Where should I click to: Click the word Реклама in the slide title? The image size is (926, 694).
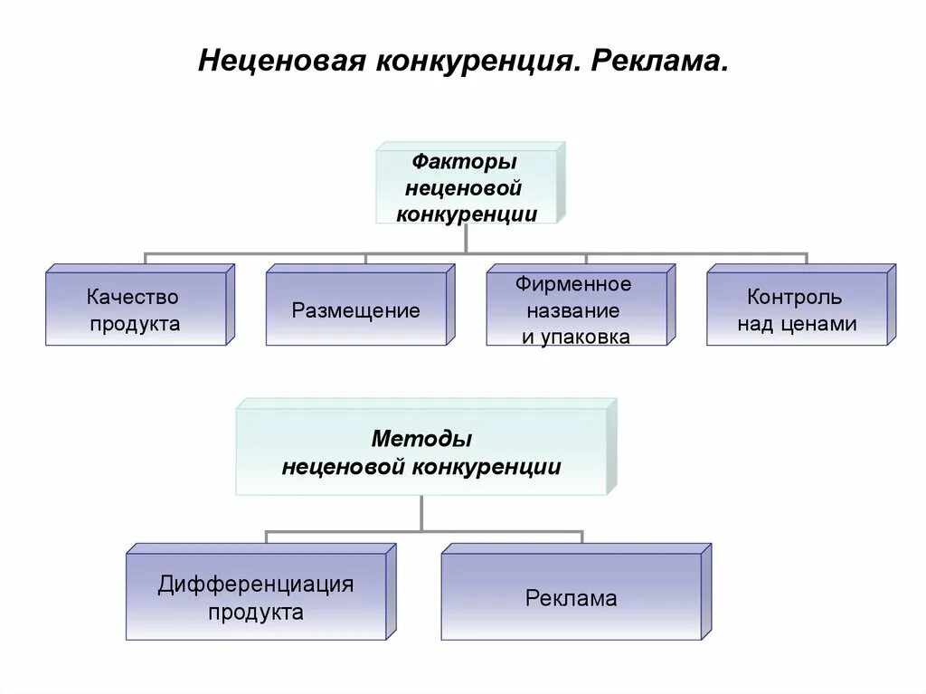point(659,62)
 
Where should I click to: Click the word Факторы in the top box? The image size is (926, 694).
point(465,163)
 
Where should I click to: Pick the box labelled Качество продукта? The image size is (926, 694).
point(135,309)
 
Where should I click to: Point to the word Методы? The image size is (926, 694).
point(421,440)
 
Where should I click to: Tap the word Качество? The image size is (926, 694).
point(134,297)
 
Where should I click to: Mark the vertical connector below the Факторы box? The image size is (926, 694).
point(466,238)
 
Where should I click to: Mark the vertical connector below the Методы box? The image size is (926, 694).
point(421,513)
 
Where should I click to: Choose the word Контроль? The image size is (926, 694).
point(795,297)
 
